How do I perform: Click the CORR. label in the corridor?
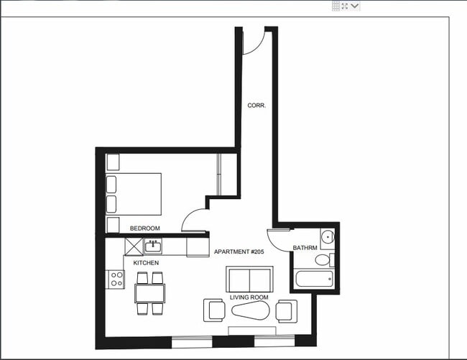tap(256, 105)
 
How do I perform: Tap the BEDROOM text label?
tap(144, 229)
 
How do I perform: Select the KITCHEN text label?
tap(146, 263)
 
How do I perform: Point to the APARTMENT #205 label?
tap(239, 252)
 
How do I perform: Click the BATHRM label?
tap(305, 249)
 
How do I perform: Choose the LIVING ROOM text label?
tap(249, 297)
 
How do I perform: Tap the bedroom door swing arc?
tap(193, 220)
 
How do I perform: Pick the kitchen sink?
tap(152, 247)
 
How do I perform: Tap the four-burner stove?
tap(115, 279)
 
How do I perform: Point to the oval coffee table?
tap(249, 311)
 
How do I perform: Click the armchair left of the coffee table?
tap(214, 310)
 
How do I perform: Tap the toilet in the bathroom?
tap(324, 259)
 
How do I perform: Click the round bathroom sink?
tap(327, 236)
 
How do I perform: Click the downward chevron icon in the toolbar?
tap(354, 6)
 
